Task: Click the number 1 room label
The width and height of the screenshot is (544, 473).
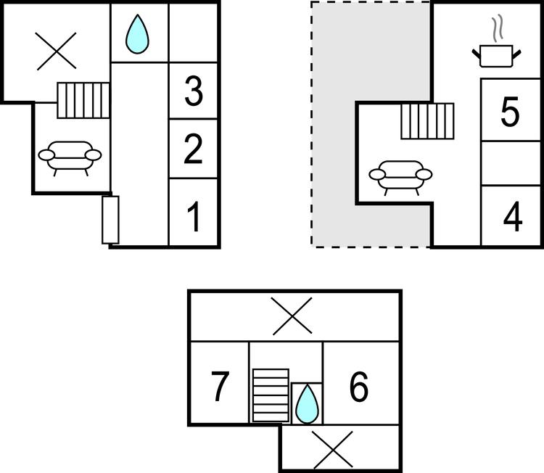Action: tap(194, 217)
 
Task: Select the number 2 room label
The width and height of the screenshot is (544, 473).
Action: tap(193, 149)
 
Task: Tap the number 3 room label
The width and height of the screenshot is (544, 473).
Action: tap(194, 91)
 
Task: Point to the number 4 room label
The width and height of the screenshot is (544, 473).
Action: tap(513, 217)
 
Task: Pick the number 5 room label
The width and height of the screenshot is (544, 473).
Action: tap(510, 111)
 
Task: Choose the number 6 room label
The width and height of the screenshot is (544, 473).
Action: tap(359, 387)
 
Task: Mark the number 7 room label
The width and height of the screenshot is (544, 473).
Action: tap(220, 386)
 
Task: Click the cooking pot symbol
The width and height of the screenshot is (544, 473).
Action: tap(496, 56)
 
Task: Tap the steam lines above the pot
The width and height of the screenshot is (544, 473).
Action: tap(497, 27)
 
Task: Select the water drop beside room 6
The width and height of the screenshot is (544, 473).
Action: tap(307, 405)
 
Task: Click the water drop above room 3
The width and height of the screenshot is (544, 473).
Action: tap(137, 34)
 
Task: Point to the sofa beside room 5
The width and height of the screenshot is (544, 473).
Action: tap(400, 178)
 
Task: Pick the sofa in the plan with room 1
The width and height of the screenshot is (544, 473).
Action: tap(70, 158)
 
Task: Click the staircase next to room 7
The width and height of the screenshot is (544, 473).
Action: tap(271, 395)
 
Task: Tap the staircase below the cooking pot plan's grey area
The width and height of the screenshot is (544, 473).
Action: tap(427, 121)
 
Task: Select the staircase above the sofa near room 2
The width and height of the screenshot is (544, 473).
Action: tap(83, 100)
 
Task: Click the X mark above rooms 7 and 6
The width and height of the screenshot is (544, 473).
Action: tap(292, 316)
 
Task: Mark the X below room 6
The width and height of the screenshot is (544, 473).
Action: tap(333, 450)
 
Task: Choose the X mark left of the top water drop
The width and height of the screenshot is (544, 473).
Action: tap(56, 52)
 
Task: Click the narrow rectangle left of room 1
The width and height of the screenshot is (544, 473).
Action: tap(110, 220)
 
